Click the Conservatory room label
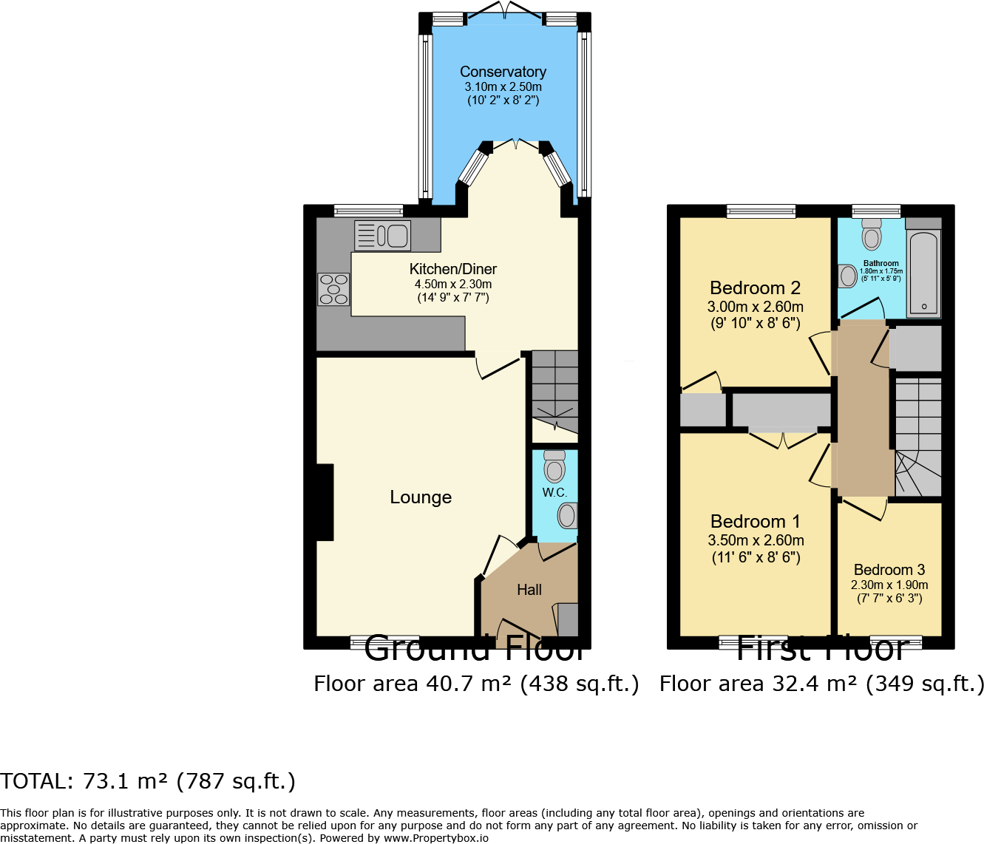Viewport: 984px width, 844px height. (503, 72)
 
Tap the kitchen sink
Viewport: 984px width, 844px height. (382, 236)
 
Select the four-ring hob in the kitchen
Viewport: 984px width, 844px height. (333, 289)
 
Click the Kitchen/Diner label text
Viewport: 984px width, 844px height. (453, 269)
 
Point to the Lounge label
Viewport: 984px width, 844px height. (421, 497)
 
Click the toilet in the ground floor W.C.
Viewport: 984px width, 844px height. (554, 466)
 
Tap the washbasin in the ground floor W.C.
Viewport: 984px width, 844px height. (567, 515)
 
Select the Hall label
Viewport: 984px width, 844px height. (529, 590)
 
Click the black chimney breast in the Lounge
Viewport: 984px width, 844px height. (325, 502)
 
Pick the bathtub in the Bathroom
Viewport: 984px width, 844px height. (924, 273)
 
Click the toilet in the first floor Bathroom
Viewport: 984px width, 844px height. (872, 234)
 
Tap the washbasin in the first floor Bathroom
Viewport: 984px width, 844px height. (847, 276)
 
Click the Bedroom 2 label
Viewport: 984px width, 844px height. (755, 287)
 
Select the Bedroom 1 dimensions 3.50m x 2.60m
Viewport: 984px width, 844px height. (756, 540)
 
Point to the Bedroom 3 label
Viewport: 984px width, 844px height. (889, 570)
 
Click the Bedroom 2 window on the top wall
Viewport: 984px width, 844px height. (761, 211)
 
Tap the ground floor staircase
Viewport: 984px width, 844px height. (555, 392)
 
